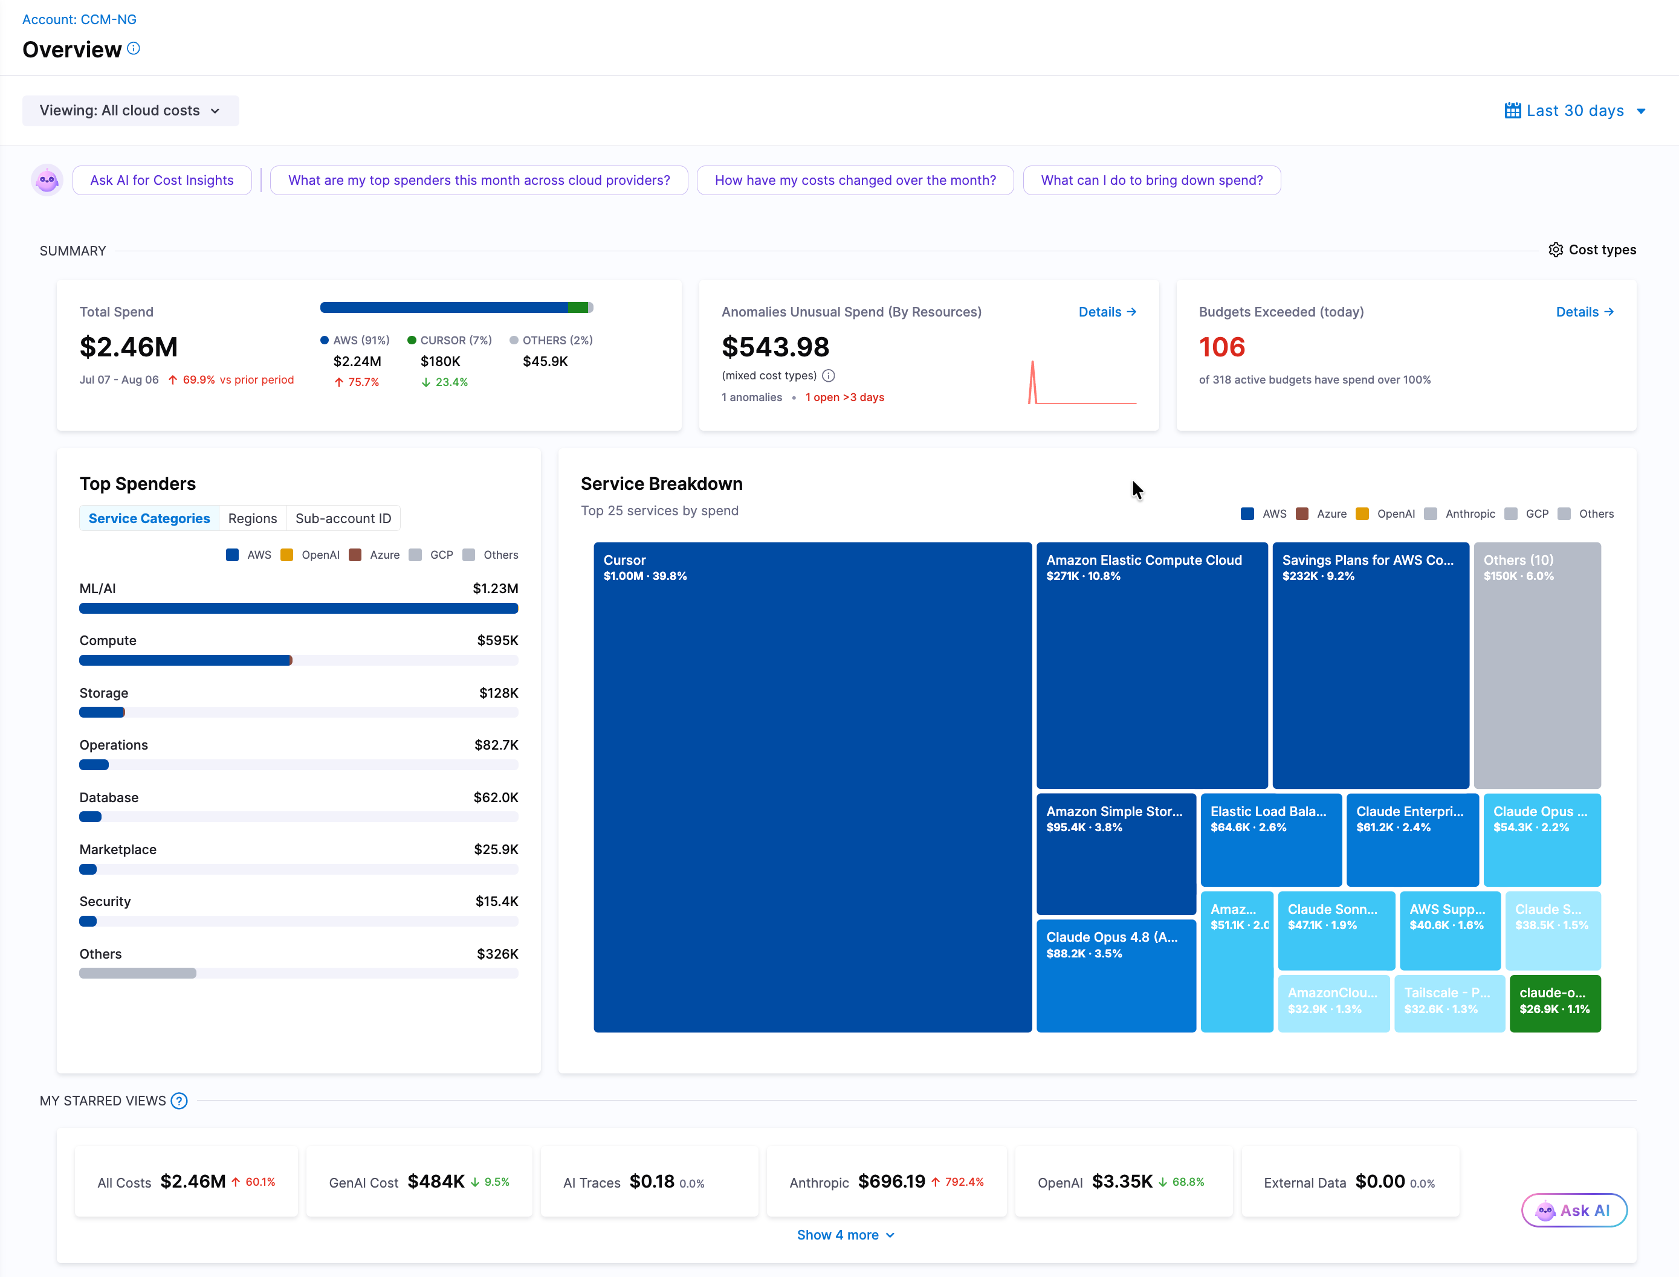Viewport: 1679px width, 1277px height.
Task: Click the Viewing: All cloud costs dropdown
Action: (x=130, y=111)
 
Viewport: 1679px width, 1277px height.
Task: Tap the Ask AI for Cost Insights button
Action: (x=162, y=180)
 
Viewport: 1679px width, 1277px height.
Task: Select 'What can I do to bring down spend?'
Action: (x=1151, y=180)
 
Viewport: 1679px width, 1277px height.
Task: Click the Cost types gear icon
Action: (x=1556, y=250)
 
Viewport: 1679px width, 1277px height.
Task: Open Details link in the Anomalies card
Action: (x=1107, y=312)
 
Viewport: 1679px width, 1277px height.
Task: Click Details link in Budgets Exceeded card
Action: (x=1585, y=312)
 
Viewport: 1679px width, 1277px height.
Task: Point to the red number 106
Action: (x=1222, y=347)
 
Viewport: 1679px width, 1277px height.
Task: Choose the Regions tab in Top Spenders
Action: (x=253, y=518)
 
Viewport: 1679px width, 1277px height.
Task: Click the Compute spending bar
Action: (x=186, y=660)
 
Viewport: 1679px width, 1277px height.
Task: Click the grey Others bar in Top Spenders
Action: (x=138, y=974)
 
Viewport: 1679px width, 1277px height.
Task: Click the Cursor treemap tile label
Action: (x=624, y=560)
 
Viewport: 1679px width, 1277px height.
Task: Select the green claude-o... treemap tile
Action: (x=1555, y=1003)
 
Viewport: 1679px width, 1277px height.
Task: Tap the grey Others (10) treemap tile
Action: (x=1537, y=665)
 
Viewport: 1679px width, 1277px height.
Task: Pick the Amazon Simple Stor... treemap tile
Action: (x=1116, y=854)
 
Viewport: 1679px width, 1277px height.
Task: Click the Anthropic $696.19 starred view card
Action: (x=887, y=1182)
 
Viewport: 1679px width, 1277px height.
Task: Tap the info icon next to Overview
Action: (x=133, y=49)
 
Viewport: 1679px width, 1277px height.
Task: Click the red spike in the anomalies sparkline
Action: (x=1033, y=382)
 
